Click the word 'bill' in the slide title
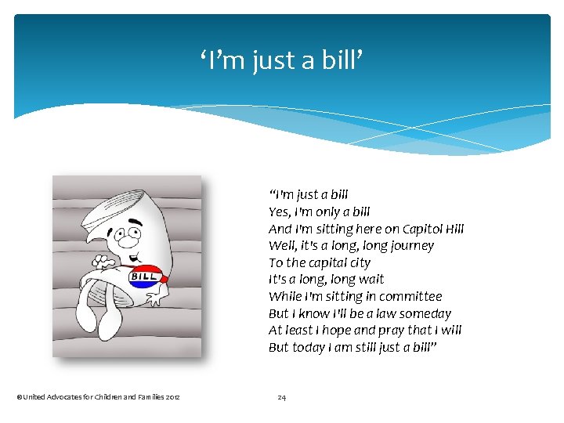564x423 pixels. (342, 60)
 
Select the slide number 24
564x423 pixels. (282, 398)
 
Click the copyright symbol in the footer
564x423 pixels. (19, 398)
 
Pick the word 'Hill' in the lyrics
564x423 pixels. (454, 229)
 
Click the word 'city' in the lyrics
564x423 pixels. (359, 263)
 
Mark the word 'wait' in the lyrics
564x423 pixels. (369, 280)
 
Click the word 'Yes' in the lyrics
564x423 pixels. (279, 211)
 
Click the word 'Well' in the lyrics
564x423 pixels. (281, 246)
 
